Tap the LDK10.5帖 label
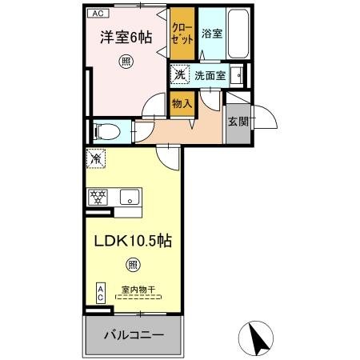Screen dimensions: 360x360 click(134, 239)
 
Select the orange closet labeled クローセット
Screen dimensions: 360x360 click(182, 34)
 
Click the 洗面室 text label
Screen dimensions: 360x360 click(210, 76)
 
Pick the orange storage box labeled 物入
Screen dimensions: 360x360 click(182, 102)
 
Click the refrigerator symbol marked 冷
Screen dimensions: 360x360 click(96, 160)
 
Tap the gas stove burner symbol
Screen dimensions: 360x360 click(99, 195)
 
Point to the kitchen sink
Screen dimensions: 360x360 click(129, 195)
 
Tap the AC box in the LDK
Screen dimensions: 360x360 click(101, 293)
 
